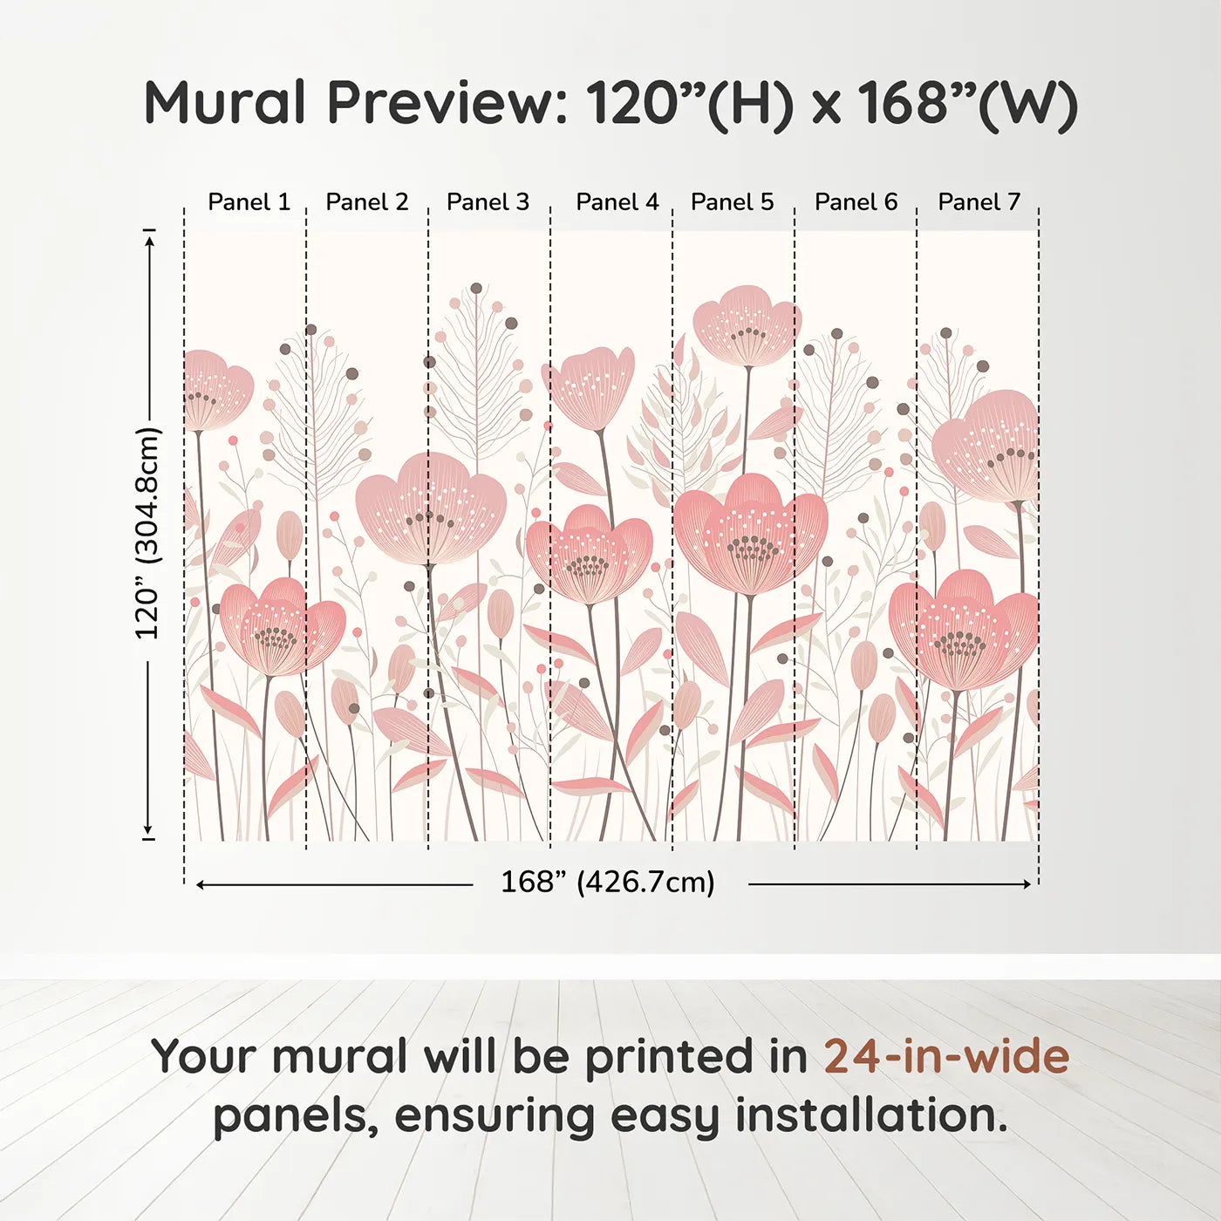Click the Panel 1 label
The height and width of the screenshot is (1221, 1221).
tap(249, 202)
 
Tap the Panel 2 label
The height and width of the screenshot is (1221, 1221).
tap(366, 202)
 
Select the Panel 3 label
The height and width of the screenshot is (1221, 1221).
tap(488, 202)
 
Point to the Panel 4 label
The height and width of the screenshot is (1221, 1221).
tap(617, 202)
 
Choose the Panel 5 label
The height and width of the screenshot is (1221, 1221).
tap(732, 202)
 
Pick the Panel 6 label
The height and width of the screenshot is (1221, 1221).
tap(856, 202)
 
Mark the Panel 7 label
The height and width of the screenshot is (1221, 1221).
tap(979, 202)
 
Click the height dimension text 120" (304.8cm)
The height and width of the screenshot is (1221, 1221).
tap(147, 533)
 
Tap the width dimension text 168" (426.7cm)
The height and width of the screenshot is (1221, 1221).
tap(607, 882)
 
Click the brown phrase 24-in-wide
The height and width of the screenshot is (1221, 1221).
tap(946, 1057)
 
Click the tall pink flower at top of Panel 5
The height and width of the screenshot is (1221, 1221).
tap(747, 326)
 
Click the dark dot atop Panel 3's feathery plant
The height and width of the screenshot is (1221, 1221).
tap(476, 288)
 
